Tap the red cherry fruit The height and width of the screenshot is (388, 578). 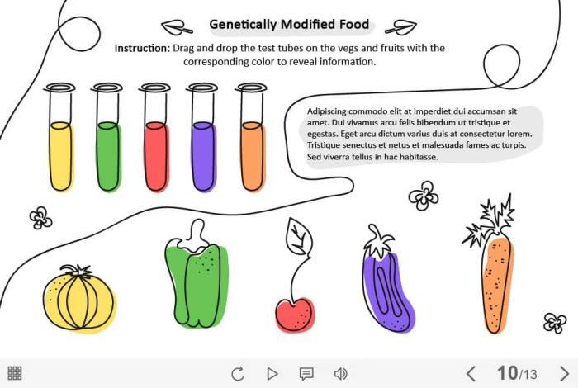tap(295, 314)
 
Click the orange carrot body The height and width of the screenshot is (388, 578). tap(496, 281)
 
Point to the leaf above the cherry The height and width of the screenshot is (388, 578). tap(298, 238)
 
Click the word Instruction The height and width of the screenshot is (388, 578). tap(142, 48)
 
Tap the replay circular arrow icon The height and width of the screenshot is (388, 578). tap(238, 373)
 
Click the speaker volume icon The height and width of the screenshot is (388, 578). tap(340, 373)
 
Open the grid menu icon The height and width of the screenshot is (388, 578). tap(15, 373)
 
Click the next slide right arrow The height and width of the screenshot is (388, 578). tap(565, 373)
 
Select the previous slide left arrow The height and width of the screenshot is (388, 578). tap(471, 373)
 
